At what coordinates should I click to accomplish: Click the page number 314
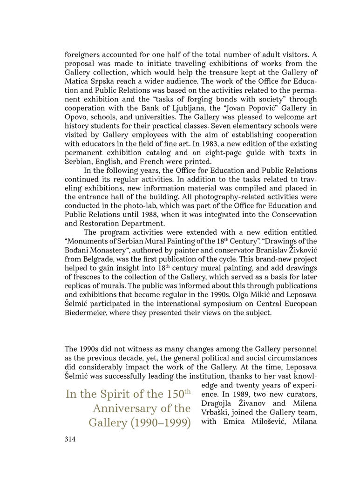tap(70, 439)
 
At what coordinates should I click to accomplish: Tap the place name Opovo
tap(77, 117)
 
